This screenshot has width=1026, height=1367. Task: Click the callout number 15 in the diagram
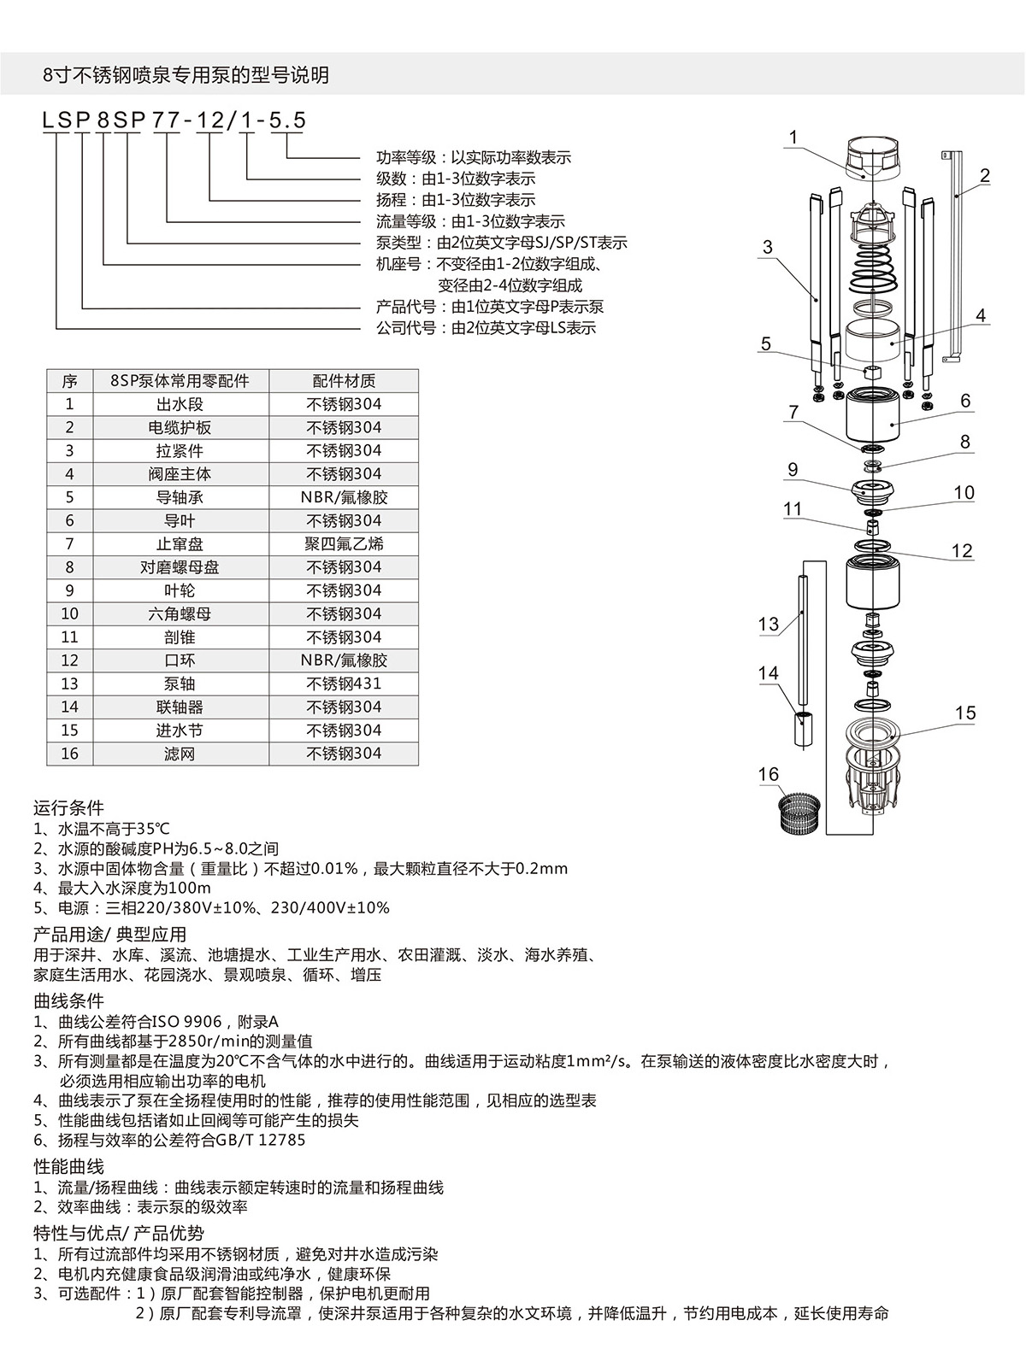[964, 713]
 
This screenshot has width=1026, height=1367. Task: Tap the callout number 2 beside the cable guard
[984, 177]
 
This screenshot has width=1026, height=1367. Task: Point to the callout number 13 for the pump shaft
[768, 625]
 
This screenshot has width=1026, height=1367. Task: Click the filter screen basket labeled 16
[801, 813]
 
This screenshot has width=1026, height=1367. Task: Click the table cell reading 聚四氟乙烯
[344, 543]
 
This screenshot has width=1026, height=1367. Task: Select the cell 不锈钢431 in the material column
[344, 683]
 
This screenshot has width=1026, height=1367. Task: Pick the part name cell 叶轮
[180, 590]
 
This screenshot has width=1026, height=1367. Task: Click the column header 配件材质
[344, 381]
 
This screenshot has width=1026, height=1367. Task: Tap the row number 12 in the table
[70, 660]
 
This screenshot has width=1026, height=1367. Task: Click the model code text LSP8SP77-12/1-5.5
[174, 120]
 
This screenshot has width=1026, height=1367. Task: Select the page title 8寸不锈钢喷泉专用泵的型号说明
[186, 75]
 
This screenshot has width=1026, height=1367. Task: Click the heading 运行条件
[68, 807]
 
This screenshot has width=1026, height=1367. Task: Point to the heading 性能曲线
[68, 1166]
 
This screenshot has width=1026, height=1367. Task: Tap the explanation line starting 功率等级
[474, 157]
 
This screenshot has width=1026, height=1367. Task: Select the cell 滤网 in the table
[180, 754]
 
